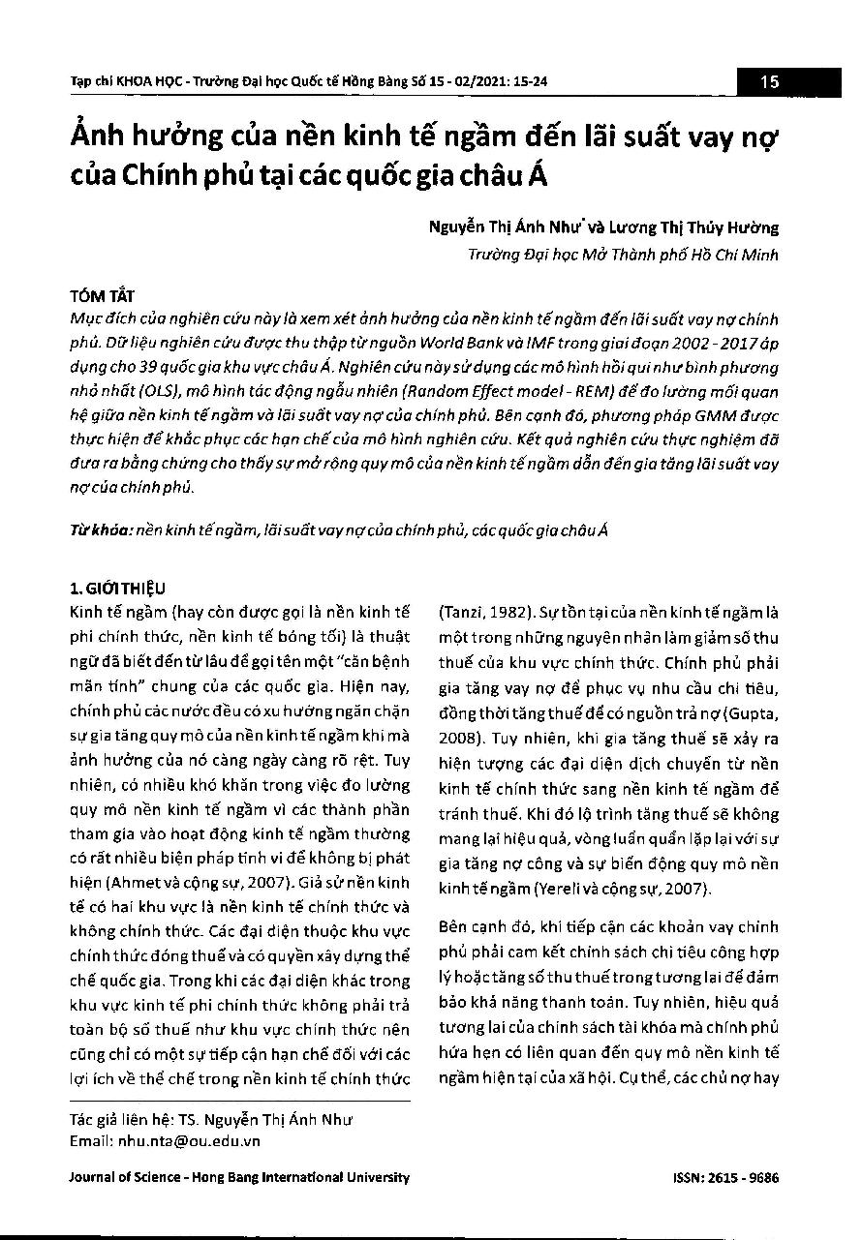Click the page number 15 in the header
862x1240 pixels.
pyautogui.click(x=770, y=82)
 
